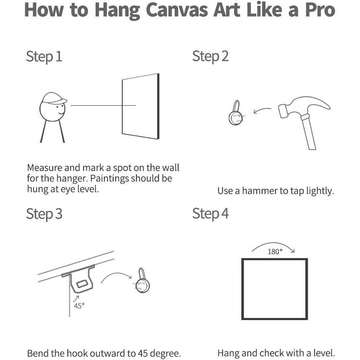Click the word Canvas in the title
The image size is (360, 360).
[177, 10]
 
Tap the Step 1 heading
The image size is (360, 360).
[44, 57]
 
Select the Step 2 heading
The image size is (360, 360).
[211, 57]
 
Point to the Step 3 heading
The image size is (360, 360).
[44, 214]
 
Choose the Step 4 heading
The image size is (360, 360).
[211, 214]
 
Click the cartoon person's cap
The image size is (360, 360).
[54, 98]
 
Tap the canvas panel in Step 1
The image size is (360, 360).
[140, 106]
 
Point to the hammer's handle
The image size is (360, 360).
[309, 132]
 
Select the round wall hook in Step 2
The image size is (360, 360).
[236, 113]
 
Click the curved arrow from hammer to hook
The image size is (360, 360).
[262, 110]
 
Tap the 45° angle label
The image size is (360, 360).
[79, 306]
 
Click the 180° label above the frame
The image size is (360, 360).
[275, 252]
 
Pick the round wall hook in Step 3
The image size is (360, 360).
[142, 281]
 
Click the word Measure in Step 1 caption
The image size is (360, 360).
[45, 168]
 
